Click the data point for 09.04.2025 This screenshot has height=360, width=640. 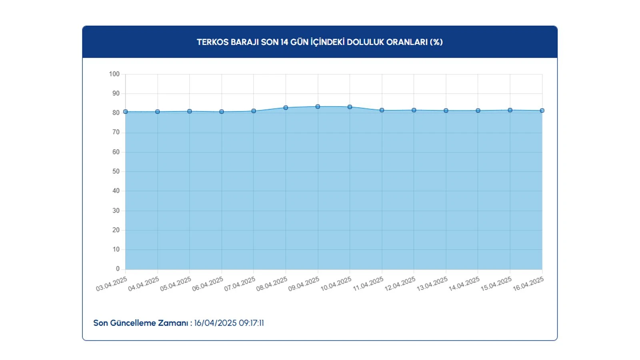pos(318,107)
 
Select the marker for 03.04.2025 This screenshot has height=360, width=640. pos(126,112)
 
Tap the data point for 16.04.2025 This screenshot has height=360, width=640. pos(542,110)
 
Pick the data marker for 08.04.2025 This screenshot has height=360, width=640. pos(286,108)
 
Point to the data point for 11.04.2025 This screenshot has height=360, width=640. pos(382,110)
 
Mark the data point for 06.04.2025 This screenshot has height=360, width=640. pos(222,112)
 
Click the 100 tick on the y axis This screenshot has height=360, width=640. pos(114,74)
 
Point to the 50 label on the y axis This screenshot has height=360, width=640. pos(116,171)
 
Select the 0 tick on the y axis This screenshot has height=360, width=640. pos(118,269)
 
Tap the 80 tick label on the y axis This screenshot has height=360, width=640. pos(116,113)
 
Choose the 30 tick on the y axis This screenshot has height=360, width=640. pos(116,210)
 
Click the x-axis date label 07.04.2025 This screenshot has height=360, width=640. pos(240,284)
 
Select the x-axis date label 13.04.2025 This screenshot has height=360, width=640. pos(432,284)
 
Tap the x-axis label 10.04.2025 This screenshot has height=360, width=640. pos(336,284)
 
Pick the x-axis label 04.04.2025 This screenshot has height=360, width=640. pos(144,284)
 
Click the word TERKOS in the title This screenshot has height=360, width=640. pos(212,42)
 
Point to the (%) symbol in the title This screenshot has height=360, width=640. pos(436,42)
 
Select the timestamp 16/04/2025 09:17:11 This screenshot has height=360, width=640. pos(229,323)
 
